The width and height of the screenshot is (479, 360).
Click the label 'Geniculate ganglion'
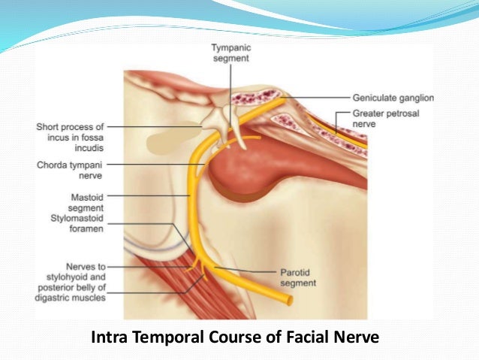393,98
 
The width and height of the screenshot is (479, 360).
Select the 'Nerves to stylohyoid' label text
77,277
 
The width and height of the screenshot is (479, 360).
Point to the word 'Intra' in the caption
110,337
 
